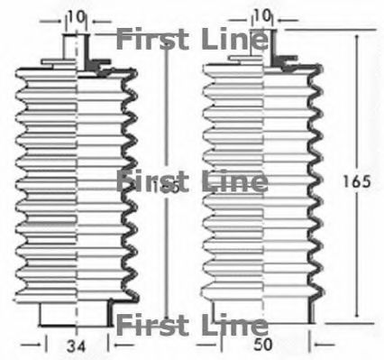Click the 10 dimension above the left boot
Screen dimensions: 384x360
tap(77, 15)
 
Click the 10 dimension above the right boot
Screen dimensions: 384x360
tap(262, 15)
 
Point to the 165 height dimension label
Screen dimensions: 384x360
tap(359, 180)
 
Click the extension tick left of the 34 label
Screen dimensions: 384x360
tap(45, 343)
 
